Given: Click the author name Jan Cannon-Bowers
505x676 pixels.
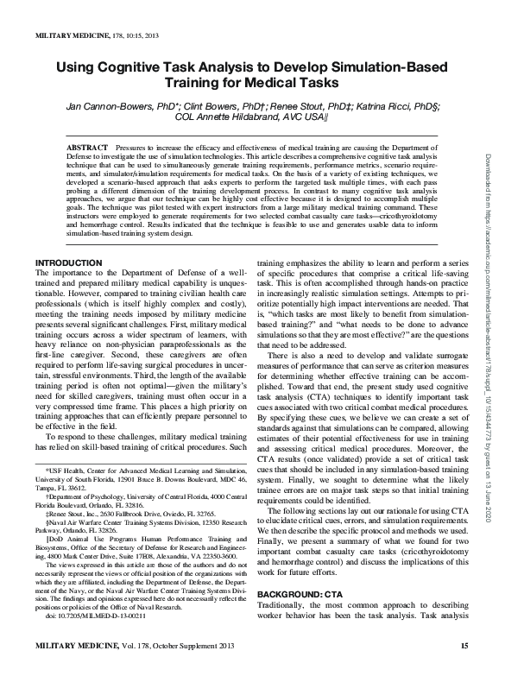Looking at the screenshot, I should point(112,105).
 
